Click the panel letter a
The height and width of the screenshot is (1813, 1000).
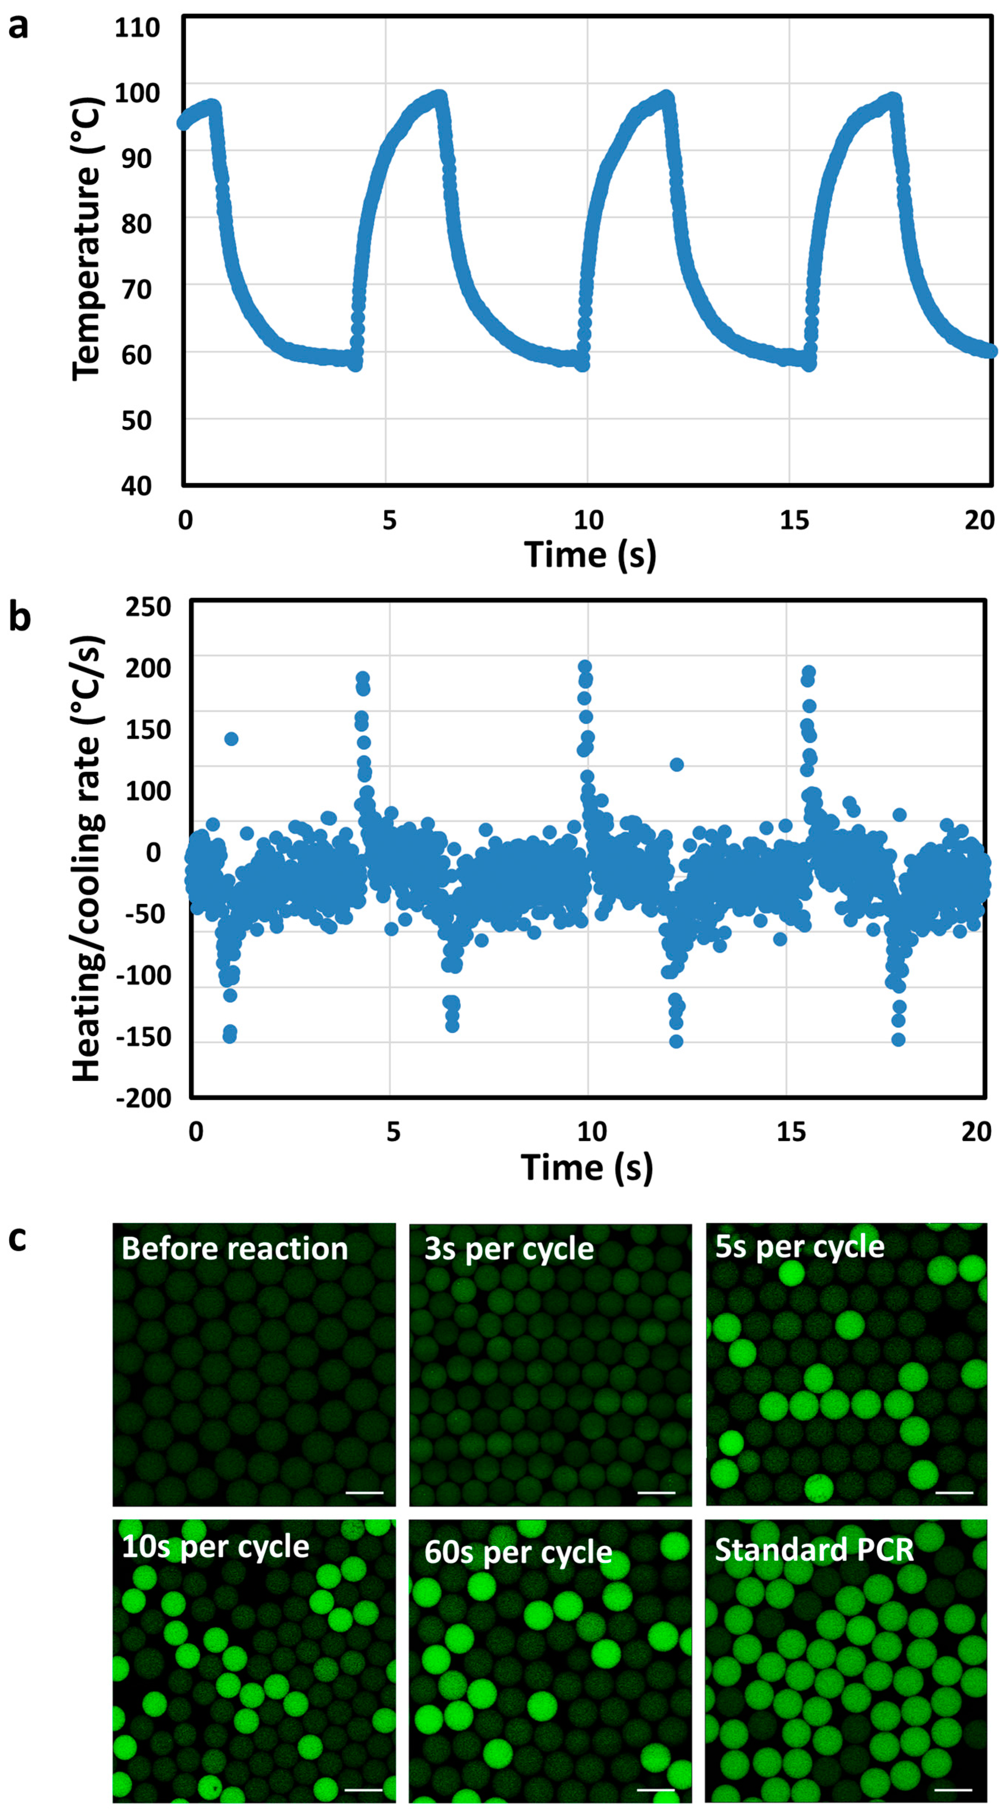[18, 28]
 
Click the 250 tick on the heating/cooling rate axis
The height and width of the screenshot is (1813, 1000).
[148, 607]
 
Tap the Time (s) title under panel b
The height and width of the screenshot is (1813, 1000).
[587, 1167]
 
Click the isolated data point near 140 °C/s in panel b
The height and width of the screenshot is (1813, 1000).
[231, 738]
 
